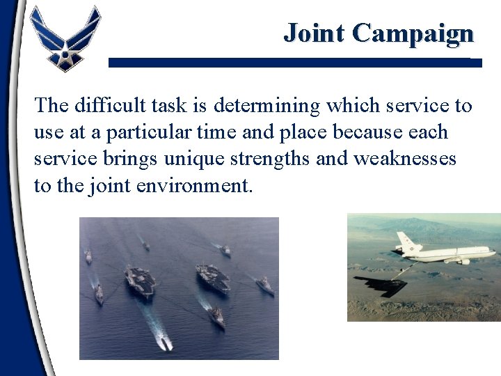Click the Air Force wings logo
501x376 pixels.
[65, 38]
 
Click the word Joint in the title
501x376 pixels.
[315, 33]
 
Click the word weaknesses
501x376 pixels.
[405, 159]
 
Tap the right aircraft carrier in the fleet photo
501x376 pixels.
[212, 278]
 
